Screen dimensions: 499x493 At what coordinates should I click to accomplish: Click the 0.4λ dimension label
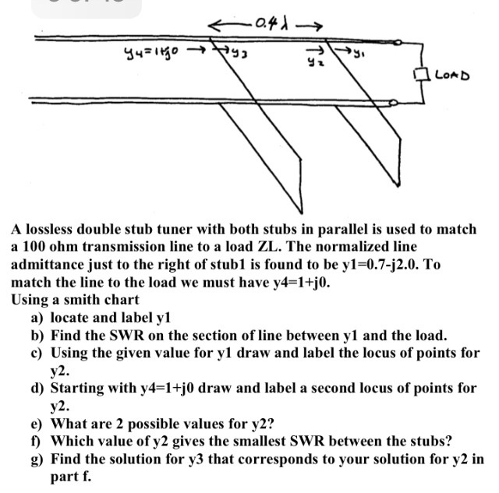point(272,23)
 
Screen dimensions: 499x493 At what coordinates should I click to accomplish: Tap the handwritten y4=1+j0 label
point(152,51)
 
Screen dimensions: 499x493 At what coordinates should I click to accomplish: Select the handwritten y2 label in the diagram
point(312,62)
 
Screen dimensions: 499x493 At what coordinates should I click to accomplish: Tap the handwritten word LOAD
point(452,76)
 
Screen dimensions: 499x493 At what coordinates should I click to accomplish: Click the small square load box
point(419,75)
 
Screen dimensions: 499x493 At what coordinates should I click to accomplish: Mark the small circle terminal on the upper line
point(398,42)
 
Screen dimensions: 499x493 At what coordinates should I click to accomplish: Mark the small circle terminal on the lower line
point(393,102)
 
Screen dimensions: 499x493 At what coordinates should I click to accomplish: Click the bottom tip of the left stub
point(302,213)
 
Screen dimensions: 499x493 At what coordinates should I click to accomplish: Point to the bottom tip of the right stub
point(398,185)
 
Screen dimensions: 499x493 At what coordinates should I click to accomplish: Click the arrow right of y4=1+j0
point(196,49)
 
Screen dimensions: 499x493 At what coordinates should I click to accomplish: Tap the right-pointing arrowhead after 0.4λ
point(317,26)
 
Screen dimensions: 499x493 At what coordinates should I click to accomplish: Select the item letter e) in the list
point(37,424)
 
